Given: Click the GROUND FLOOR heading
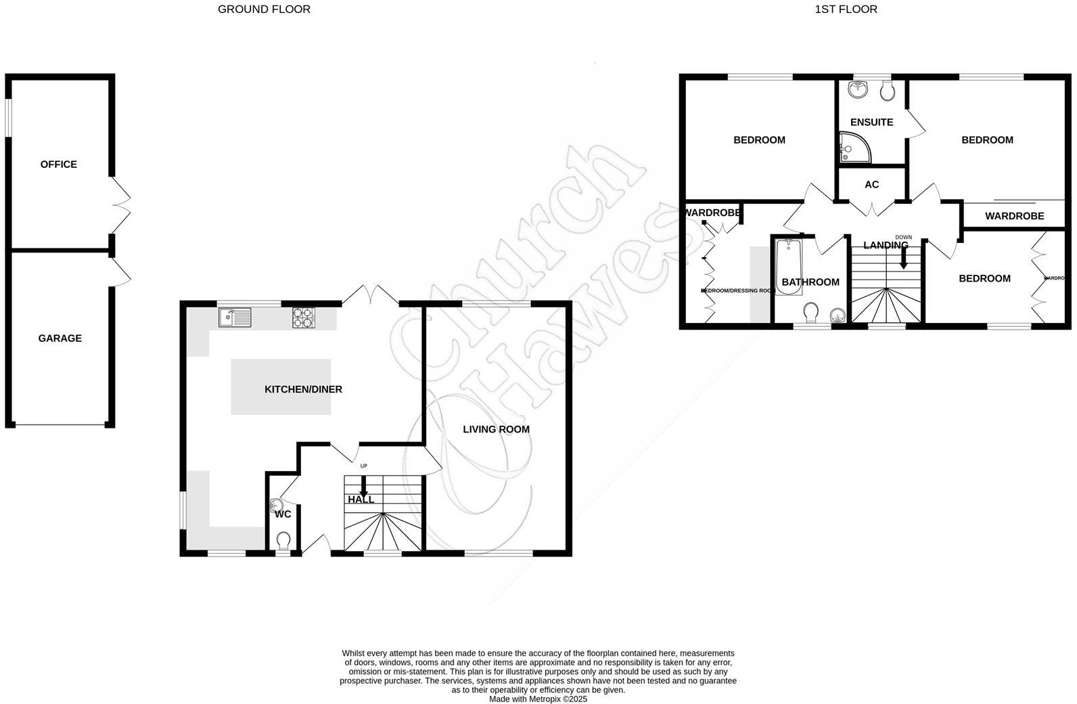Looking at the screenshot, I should point(264,9).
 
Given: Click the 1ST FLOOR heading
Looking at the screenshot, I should point(846,9).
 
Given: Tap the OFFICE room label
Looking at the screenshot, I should point(59,164).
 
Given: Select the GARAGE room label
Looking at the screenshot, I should point(60,338).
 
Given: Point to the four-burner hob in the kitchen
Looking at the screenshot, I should point(304,317).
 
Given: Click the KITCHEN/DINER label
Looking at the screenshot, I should point(303,389).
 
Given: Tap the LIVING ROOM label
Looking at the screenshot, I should point(496,429).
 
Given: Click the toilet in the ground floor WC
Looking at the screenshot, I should point(283,540).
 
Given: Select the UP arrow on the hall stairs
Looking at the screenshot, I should point(363,485).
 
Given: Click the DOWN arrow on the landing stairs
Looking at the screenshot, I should point(903,257).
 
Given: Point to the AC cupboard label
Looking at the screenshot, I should point(871,184).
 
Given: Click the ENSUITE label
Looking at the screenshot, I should point(871,123).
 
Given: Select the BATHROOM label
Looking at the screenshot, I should point(810,282).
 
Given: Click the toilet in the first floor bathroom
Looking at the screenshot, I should point(810,313).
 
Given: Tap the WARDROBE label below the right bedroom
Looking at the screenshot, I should point(1014,217).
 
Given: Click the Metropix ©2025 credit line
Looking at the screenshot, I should point(538,699).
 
